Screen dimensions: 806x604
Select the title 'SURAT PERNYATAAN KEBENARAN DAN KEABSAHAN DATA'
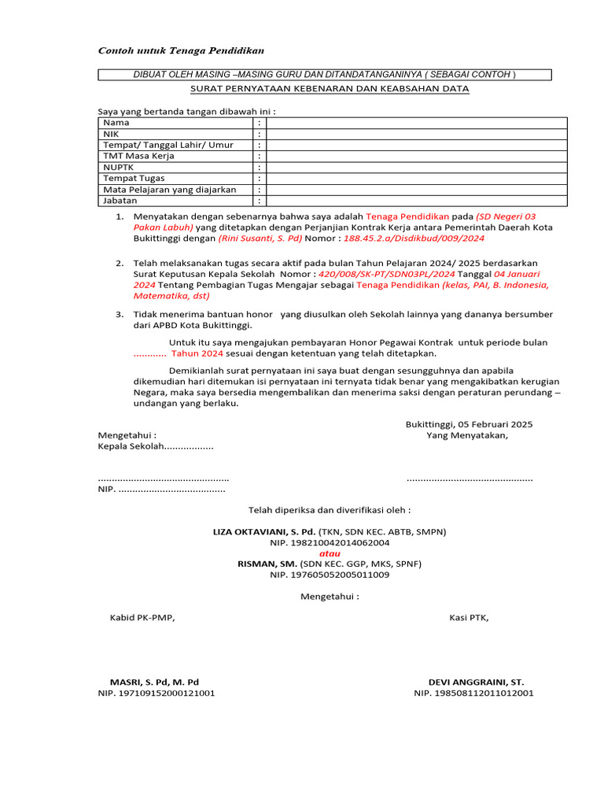click(330, 89)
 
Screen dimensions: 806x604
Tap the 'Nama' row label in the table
click(116, 123)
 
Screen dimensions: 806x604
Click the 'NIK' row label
click(111, 134)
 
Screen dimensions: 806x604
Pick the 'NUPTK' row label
click(119, 167)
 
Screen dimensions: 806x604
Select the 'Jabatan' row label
click(120, 201)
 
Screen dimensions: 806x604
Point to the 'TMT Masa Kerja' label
click(139, 156)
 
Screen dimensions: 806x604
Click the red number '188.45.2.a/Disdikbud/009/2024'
click(414, 238)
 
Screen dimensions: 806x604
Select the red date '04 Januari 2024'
click(337, 279)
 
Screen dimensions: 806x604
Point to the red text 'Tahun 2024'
click(194, 354)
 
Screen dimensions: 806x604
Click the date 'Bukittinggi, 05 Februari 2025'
click(469, 424)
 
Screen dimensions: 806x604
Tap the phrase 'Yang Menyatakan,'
click(467, 435)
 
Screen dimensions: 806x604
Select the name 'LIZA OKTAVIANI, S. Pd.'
click(264, 532)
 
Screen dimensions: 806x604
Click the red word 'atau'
click(330, 553)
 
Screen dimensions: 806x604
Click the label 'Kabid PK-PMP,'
click(142, 617)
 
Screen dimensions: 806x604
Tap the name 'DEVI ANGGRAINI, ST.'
click(476, 682)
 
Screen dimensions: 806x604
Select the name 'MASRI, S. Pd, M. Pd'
click(154, 682)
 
